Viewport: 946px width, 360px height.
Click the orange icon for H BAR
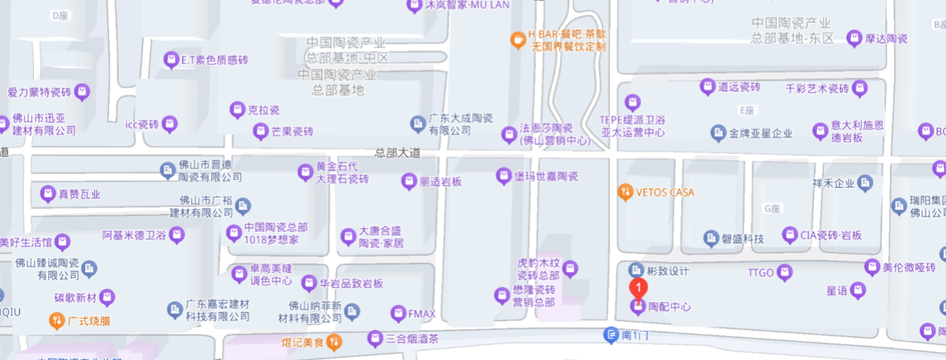pyautogui.click(x=517, y=36)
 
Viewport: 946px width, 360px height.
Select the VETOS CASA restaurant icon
pyautogui.click(x=625, y=191)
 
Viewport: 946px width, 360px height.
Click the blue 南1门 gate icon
pyautogui.click(x=610, y=336)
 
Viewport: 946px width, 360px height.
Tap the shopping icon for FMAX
pyautogui.click(x=398, y=314)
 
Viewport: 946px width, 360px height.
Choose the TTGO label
pyautogui.click(x=761, y=272)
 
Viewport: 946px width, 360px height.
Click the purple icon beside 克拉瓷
pyautogui.click(x=236, y=109)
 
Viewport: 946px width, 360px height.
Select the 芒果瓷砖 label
pyautogui.click(x=294, y=131)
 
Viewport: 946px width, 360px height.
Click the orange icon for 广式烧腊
pyautogui.click(x=56, y=321)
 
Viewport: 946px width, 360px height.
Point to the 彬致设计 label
pyautogui.click(x=668, y=271)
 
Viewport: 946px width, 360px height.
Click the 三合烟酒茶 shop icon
pyautogui.click(x=375, y=339)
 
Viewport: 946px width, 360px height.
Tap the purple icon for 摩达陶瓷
pyautogui.click(x=854, y=38)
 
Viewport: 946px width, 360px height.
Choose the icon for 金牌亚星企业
pyautogui.click(x=719, y=133)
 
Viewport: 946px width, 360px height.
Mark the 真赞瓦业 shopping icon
pyautogui.click(x=47, y=193)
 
